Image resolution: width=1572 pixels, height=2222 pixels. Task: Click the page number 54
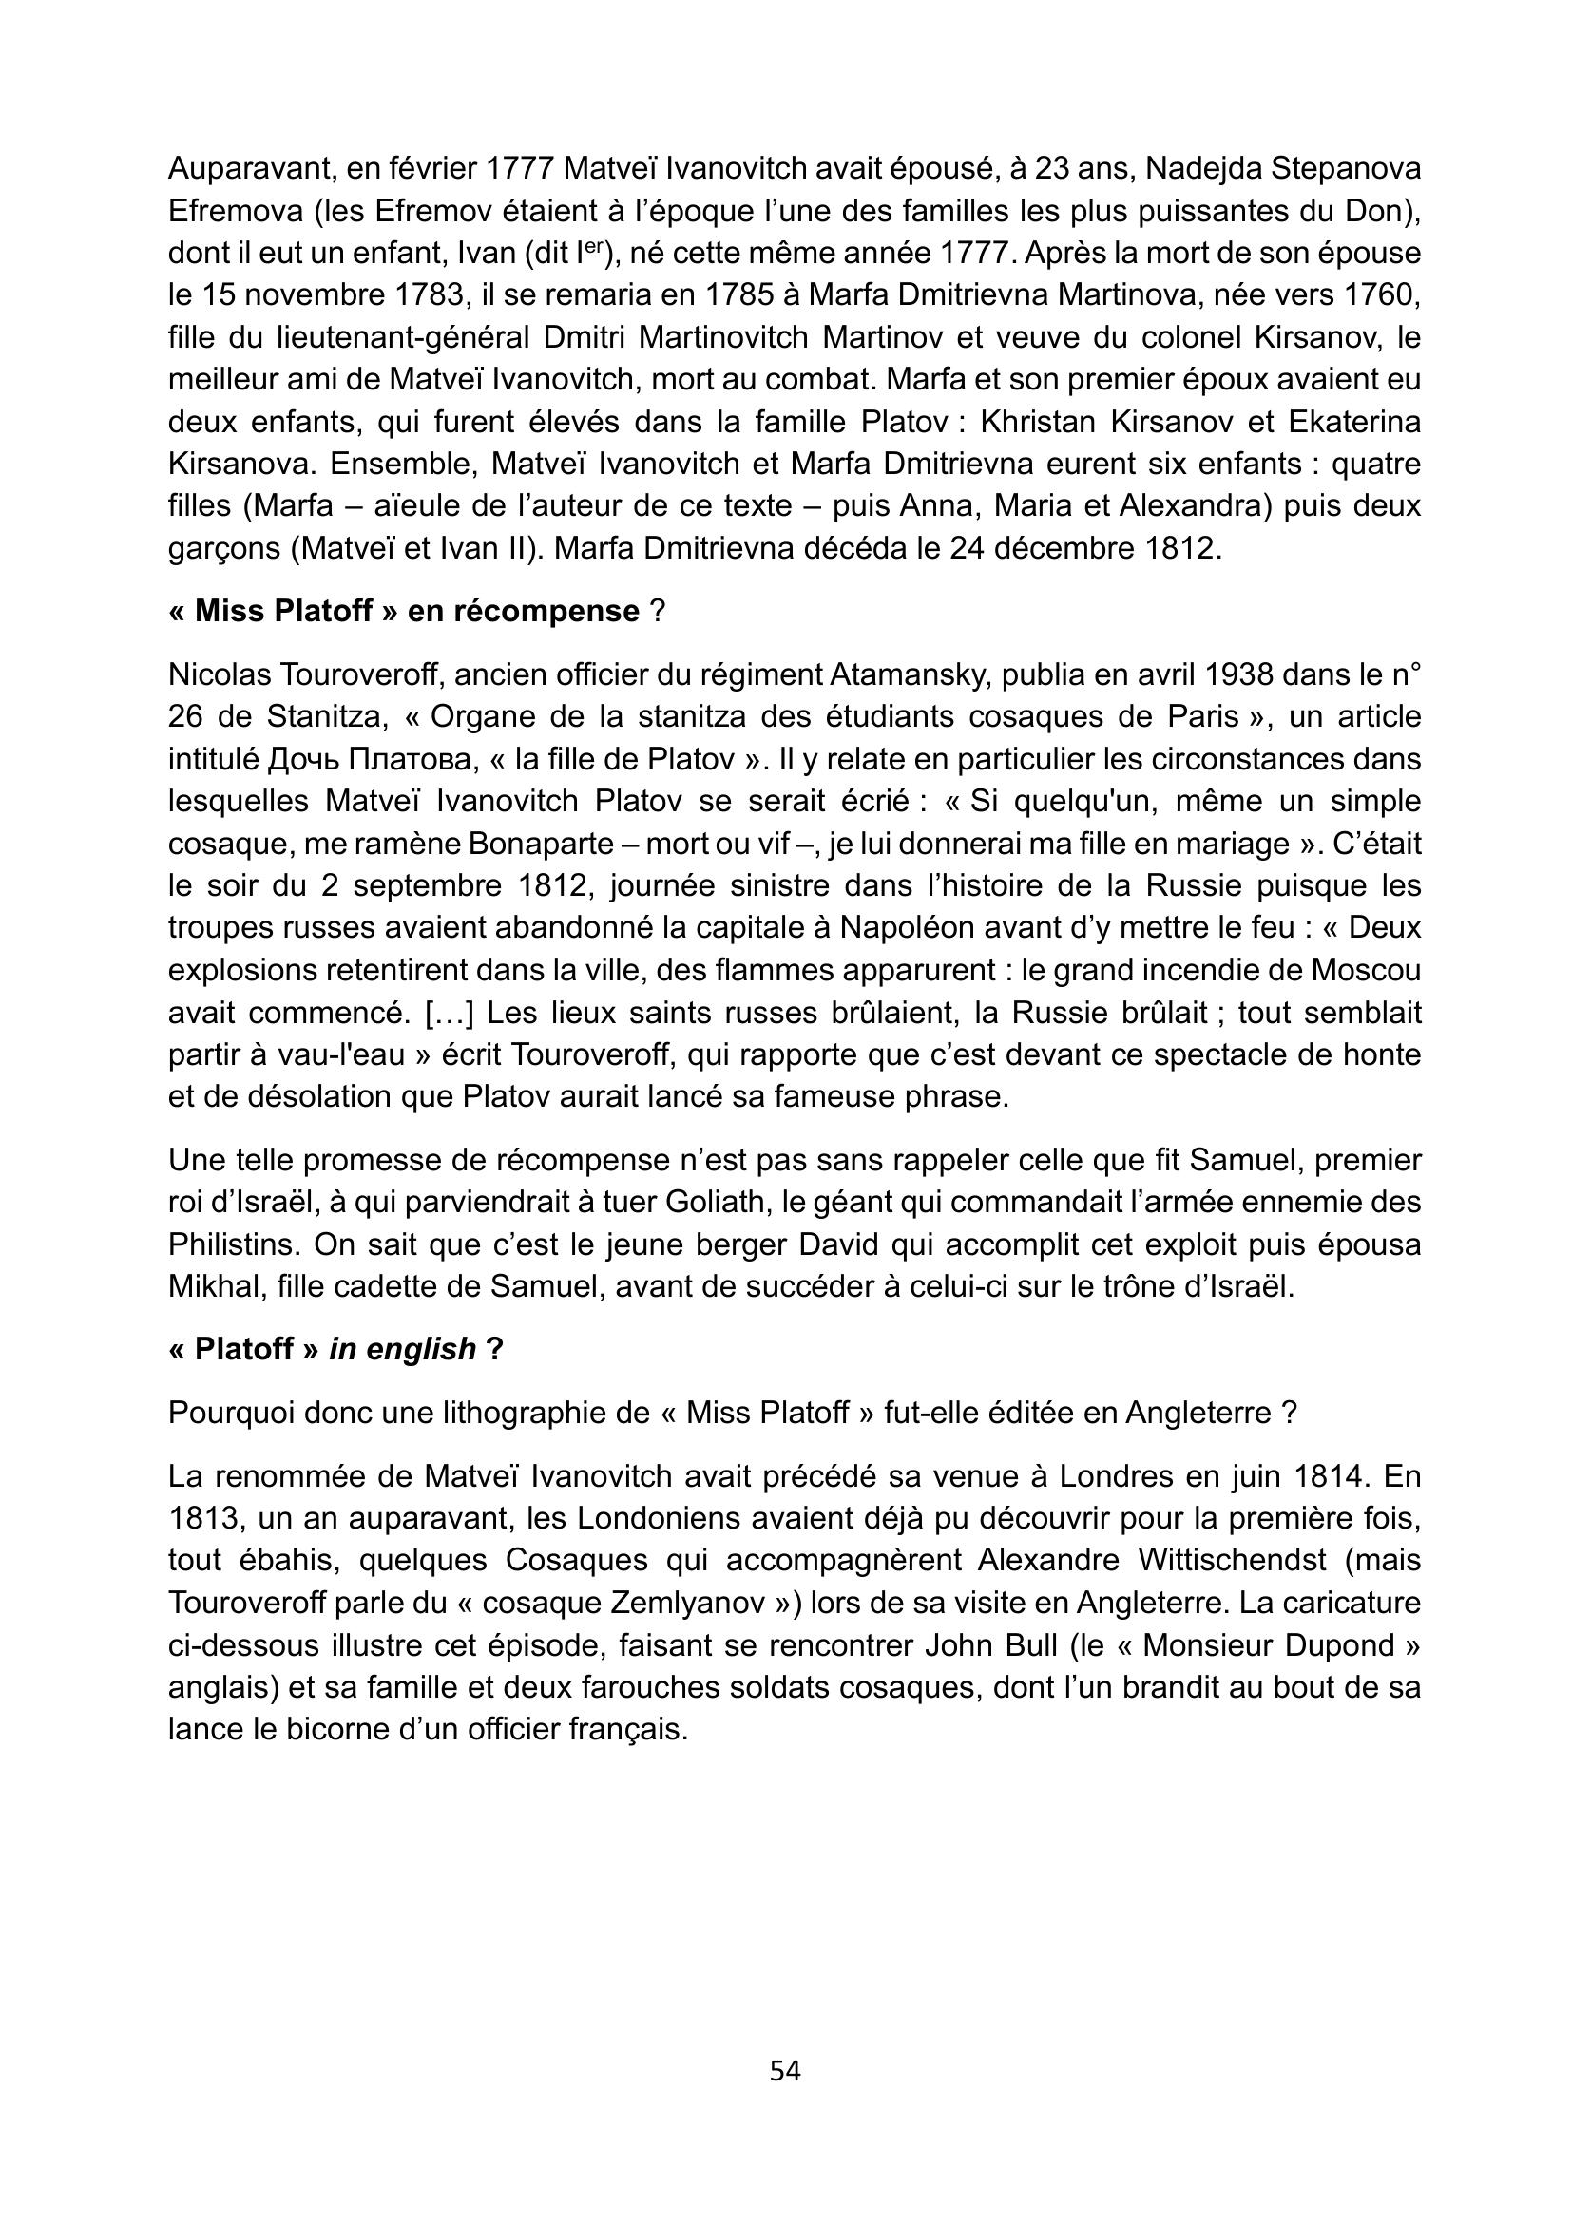tap(785, 2071)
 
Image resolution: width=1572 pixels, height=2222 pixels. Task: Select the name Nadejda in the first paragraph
tap(1203, 168)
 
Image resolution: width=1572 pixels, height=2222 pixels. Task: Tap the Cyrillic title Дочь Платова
tap(373, 759)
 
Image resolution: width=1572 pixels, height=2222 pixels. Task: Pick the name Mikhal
tap(214, 1287)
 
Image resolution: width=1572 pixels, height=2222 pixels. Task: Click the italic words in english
tap(403, 1349)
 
